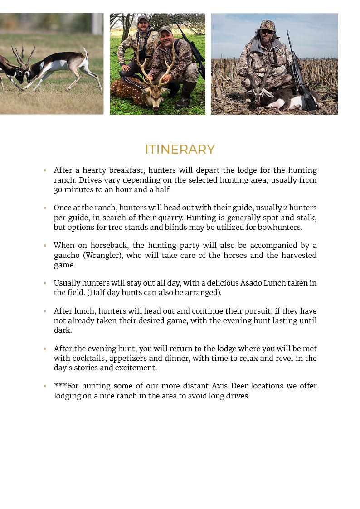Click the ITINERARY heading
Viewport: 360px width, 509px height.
click(x=180, y=149)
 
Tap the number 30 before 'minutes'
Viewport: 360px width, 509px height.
click(x=58, y=189)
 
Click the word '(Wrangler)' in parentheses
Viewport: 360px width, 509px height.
click(x=102, y=256)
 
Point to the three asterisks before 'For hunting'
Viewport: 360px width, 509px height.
click(x=60, y=386)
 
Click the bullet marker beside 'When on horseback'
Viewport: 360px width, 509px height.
click(x=45, y=245)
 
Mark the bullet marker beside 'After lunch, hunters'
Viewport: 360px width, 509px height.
click(x=45, y=311)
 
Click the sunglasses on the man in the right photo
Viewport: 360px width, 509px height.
click(x=267, y=32)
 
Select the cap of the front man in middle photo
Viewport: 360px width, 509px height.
click(x=165, y=29)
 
